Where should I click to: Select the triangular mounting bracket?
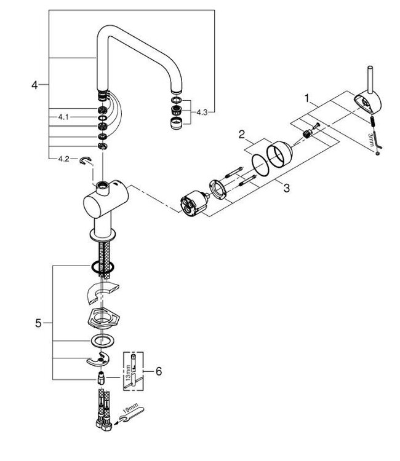[101, 320]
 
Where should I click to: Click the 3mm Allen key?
[372, 136]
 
